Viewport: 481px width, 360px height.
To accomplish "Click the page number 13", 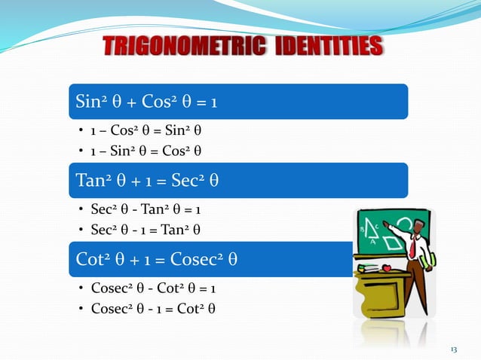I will pyautogui.click(x=453, y=349).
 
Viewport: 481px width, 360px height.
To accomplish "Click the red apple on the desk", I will pyautogui.click(x=386, y=268).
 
